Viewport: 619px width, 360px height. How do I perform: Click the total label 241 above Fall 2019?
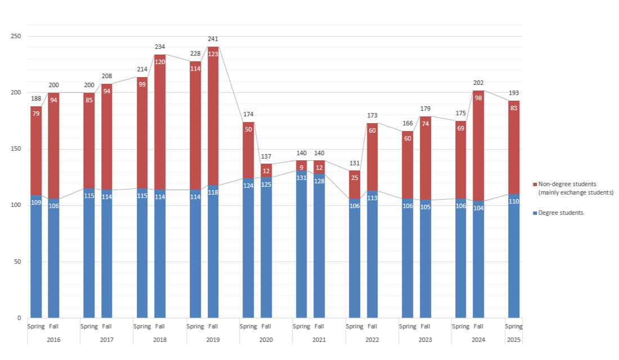213,39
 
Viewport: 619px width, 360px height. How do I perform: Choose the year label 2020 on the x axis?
266,340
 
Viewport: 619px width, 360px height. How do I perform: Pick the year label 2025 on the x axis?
514,340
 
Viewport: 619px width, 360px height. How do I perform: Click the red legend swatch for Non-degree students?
535,184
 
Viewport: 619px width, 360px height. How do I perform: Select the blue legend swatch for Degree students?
535,213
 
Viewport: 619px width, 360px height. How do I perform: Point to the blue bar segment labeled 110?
514,256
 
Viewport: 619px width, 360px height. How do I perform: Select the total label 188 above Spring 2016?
36,98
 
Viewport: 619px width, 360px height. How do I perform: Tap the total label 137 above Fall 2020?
266,156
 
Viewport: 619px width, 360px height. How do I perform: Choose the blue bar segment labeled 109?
36,256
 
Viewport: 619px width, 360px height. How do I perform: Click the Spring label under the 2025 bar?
514,326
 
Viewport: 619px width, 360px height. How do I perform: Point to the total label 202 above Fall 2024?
478,83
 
